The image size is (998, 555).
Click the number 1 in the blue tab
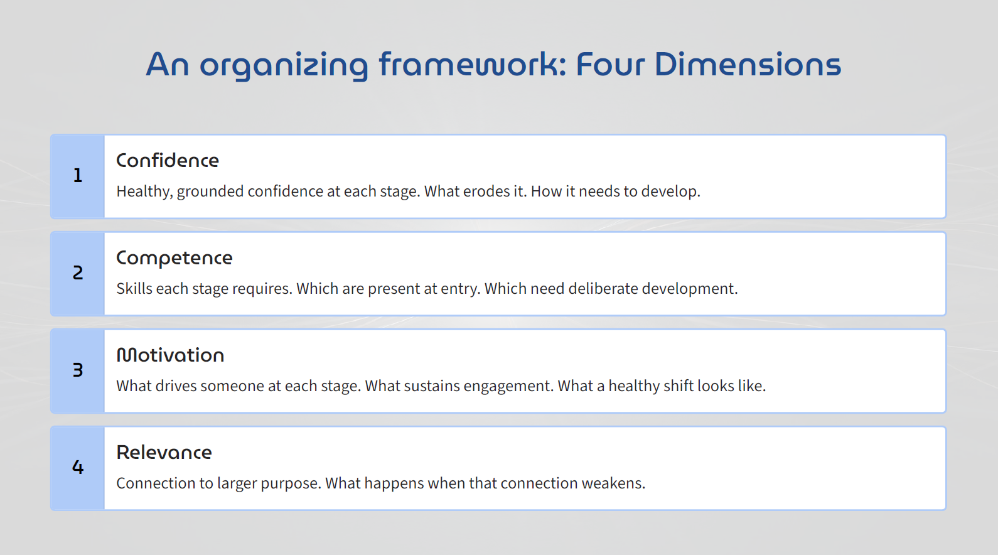click(x=78, y=176)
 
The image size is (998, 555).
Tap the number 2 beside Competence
click(x=78, y=273)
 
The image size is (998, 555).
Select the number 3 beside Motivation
click(x=78, y=370)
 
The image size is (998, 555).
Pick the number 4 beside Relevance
click(x=78, y=468)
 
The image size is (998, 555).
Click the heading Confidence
click(x=168, y=161)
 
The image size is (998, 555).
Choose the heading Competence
click(x=174, y=258)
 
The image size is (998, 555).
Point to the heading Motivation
click(x=170, y=355)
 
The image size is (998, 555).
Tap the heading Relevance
click(x=164, y=453)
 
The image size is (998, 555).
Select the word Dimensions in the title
click(x=748, y=65)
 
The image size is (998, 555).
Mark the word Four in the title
click(x=610, y=65)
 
